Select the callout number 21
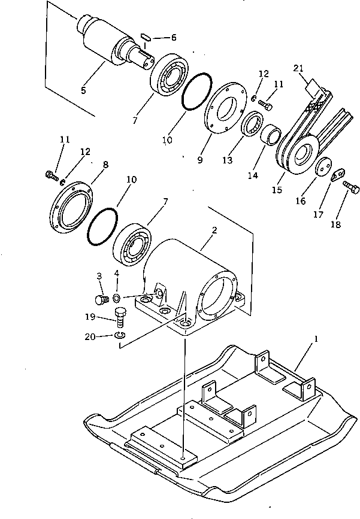[x=298, y=68]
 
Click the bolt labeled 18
[x=352, y=190]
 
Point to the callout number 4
[x=117, y=274]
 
